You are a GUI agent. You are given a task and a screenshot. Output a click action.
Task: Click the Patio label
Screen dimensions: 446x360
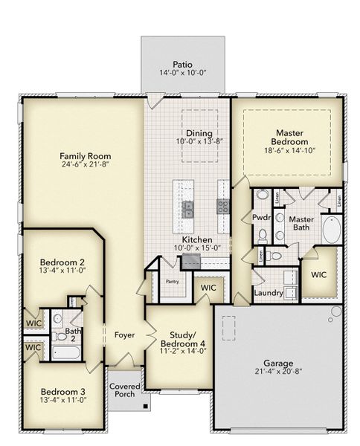point(183,65)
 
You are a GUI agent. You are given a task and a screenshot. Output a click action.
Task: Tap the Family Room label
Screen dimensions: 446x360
point(86,155)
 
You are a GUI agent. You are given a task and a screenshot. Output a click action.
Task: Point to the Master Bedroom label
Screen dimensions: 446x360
point(289,137)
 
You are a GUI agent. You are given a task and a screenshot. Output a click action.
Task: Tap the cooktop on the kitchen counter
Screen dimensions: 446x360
point(222,206)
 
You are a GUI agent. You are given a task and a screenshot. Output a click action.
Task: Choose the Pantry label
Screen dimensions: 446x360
point(172,282)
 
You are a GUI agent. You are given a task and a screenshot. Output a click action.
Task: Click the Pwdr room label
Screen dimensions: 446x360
point(261,219)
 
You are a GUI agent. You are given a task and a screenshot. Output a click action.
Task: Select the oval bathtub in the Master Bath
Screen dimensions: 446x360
point(332,230)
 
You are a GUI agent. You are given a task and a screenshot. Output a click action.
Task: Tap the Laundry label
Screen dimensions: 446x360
point(268,293)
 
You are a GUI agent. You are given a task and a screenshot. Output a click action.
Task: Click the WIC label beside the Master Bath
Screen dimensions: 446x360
point(319,274)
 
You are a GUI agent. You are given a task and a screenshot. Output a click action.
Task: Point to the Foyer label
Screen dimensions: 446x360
point(124,335)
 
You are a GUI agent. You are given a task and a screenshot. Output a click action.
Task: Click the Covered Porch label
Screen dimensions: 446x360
point(123,390)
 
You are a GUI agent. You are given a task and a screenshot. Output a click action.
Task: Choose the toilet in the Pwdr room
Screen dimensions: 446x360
point(263,236)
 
